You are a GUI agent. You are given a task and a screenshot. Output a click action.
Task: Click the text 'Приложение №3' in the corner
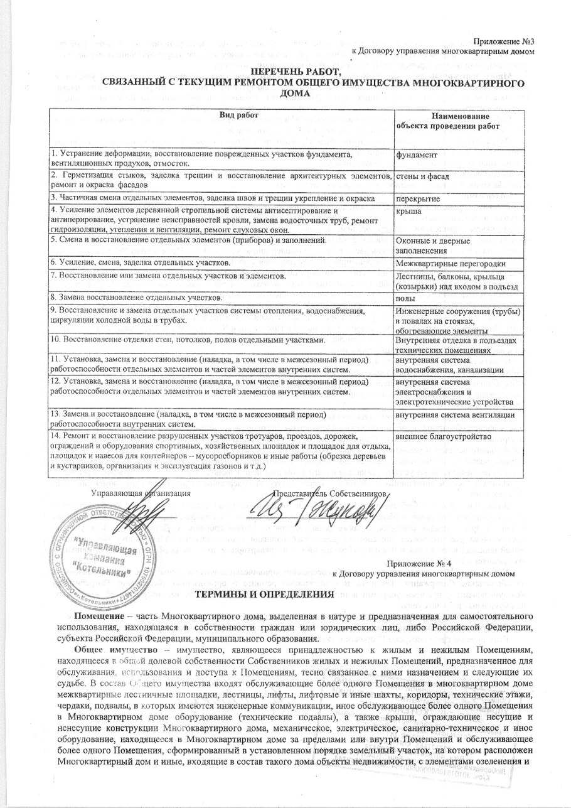click(508, 41)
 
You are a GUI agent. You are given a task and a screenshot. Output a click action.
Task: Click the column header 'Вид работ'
click(220, 116)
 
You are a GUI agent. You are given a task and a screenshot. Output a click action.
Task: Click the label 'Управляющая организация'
click(140, 494)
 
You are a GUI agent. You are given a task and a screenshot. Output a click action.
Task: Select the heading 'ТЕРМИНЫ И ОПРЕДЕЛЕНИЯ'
click(264, 594)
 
